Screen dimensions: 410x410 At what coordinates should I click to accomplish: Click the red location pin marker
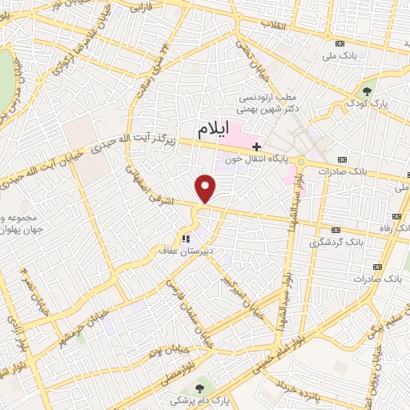[x=207, y=188]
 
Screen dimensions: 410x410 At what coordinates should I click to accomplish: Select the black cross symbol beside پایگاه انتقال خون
[x=256, y=147]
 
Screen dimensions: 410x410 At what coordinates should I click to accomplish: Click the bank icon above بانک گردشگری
[x=336, y=228]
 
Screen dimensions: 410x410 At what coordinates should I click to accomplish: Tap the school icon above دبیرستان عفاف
[x=186, y=238]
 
